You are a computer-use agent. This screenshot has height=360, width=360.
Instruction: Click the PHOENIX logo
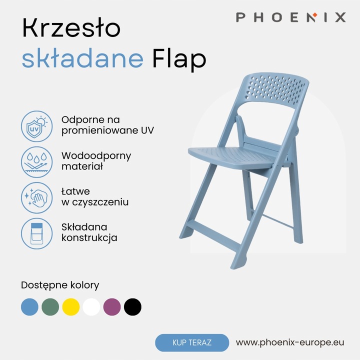(291, 17)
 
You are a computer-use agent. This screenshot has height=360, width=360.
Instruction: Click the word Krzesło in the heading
(71, 29)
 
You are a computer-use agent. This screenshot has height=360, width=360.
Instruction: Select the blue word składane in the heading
(82, 59)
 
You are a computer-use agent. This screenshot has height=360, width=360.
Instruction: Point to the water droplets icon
(36, 161)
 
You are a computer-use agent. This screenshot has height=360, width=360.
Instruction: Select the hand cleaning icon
(36, 197)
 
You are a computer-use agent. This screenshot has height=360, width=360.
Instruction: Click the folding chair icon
(36, 233)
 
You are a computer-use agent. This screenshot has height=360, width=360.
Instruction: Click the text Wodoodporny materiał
(96, 161)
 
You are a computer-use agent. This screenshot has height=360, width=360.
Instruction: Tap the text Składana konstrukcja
(89, 232)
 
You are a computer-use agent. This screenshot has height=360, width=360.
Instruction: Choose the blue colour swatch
(29, 306)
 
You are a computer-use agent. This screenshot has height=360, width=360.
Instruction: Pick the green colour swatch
(50, 306)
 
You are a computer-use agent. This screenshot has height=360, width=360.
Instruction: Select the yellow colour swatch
(71, 306)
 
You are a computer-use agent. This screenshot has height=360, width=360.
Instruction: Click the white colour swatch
(91, 306)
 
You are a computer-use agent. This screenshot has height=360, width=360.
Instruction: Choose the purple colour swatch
(112, 306)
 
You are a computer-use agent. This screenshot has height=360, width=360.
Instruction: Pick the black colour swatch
(132, 306)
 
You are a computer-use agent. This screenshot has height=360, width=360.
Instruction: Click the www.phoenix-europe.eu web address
(290, 342)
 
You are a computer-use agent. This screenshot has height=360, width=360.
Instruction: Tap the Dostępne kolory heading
(60, 285)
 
